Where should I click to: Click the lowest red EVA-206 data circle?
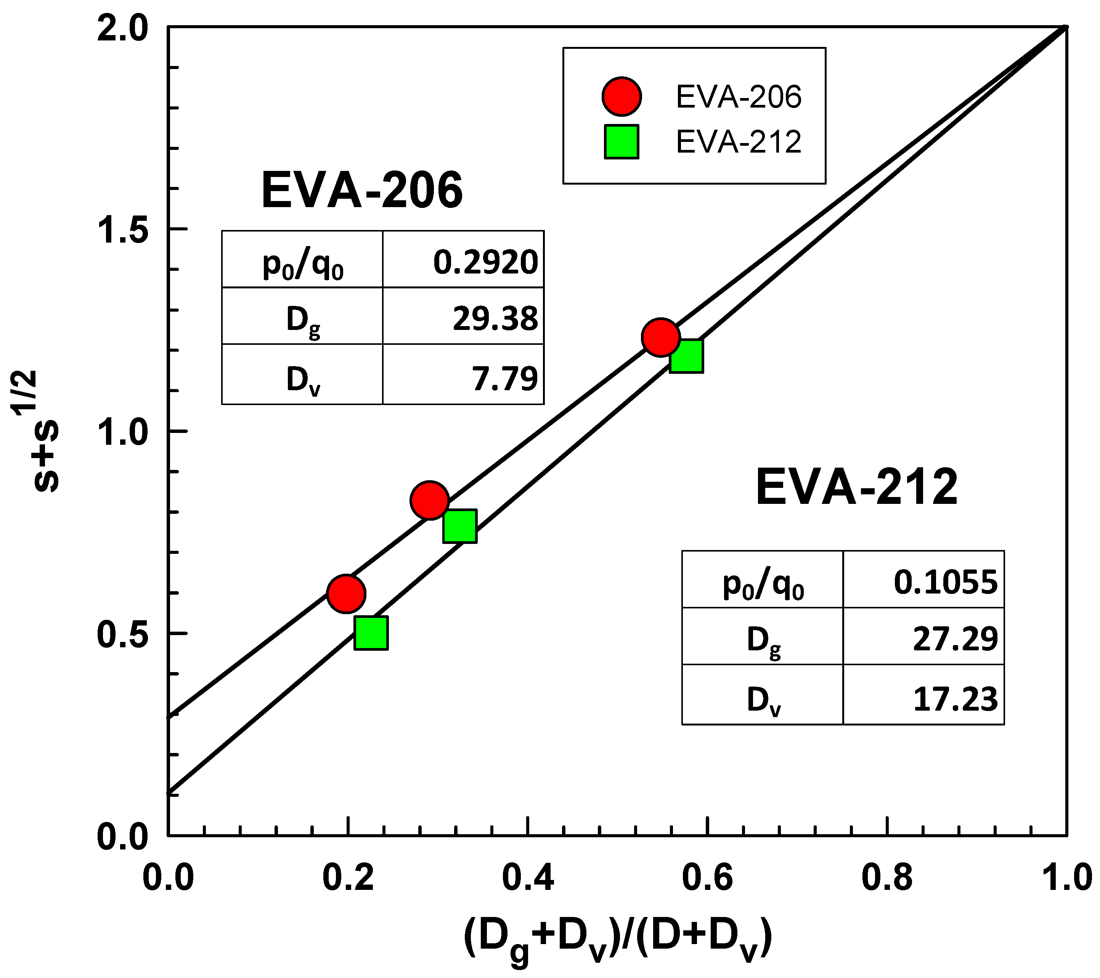[x=346, y=593]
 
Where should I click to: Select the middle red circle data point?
[x=429, y=500]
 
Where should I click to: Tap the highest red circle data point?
[x=661, y=337]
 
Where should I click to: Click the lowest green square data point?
[x=371, y=633]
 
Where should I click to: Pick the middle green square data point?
[x=459, y=526]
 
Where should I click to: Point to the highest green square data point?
[x=686, y=356]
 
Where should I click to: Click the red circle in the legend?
[x=621, y=97]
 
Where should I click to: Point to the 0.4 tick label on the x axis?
[x=528, y=878]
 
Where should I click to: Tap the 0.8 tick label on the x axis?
[x=887, y=878]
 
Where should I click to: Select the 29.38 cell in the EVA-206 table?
[x=495, y=318]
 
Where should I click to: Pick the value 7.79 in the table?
[x=504, y=378]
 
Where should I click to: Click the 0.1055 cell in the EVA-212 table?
[x=946, y=582]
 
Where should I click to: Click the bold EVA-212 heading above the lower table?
[x=857, y=487]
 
